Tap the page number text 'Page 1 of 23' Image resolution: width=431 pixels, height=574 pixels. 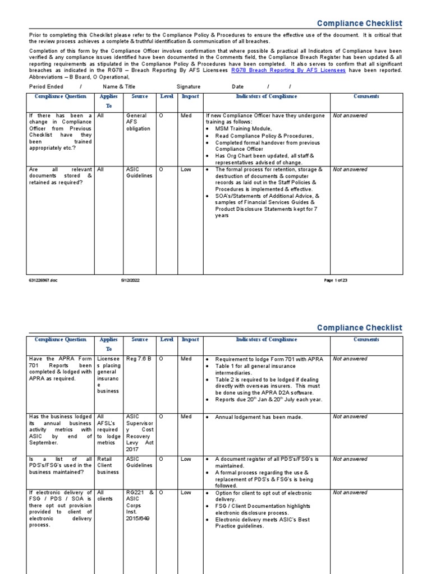(336, 280)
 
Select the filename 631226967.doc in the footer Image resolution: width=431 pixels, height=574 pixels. (43, 280)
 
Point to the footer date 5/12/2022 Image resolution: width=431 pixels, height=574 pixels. (131, 280)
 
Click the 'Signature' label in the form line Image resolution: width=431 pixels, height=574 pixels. (189, 87)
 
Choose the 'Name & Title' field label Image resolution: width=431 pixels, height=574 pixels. (119, 87)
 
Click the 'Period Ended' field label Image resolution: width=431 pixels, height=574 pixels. (46, 87)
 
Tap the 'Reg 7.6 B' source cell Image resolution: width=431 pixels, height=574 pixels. (139, 359)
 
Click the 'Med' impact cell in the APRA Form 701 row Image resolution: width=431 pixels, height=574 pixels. (186, 359)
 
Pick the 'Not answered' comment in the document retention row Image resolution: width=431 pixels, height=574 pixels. (350, 169)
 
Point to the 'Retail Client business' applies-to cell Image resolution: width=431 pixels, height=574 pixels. (108, 465)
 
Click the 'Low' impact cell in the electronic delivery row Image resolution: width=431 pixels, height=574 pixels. (186, 493)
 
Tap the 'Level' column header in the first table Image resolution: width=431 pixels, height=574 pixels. (167, 96)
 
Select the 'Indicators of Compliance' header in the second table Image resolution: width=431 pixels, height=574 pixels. (267, 339)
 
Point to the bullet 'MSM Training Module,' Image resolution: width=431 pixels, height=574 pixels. (243, 129)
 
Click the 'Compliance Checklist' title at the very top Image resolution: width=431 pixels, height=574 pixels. (359, 24)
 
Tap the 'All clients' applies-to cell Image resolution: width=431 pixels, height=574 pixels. (105, 496)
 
